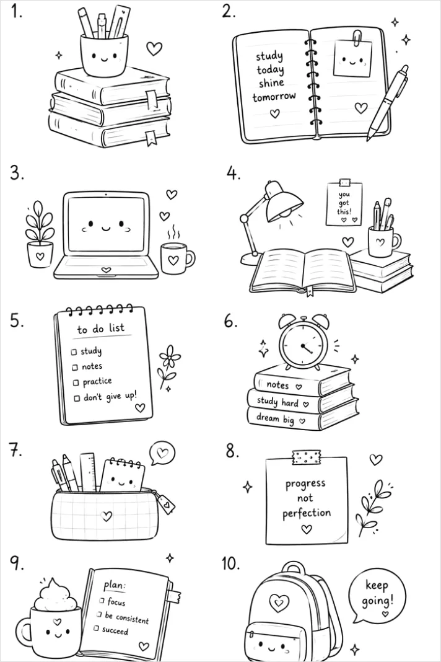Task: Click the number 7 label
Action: [x=16, y=451]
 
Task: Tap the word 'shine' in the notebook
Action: [x=271, y=82]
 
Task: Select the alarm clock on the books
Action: [x=303, y=342]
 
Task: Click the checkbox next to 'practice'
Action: [x=76, y=382]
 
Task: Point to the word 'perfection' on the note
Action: [x=307, y=513]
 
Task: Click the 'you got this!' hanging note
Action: [x=344, y=202]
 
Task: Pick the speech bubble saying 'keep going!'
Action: [x=376, y=595]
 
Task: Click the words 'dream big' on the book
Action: [x=275, y=419]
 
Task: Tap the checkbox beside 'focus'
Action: [x=102, y=600]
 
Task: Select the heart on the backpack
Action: [x=279, y=603]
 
